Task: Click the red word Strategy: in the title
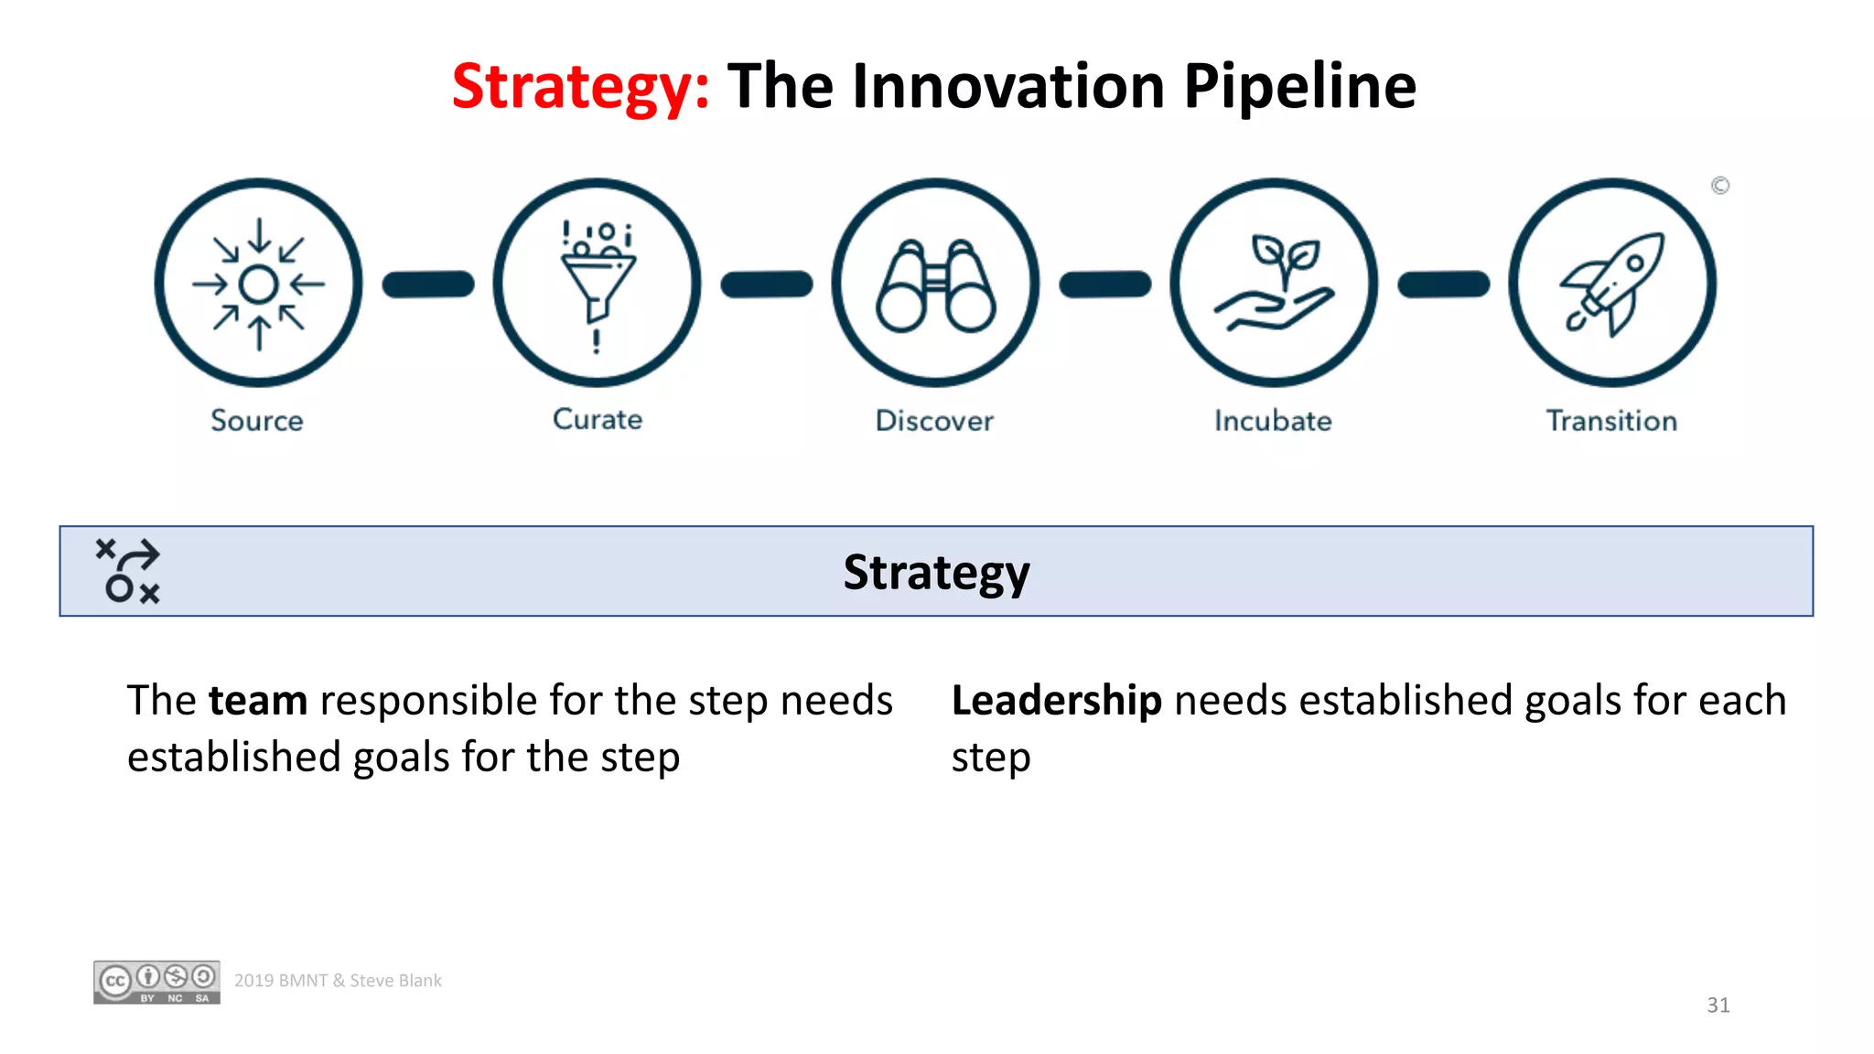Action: [580, 87]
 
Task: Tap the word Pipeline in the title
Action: [1299, 87]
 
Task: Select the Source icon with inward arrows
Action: [259, 284]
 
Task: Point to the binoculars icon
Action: [935, 285]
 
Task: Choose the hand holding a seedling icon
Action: [1274, 284]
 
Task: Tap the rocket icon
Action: [1612, 284]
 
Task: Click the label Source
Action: [257, 421]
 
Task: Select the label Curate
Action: [598, 419]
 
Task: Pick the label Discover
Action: [934, 421]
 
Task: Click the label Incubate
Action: [1273, 421]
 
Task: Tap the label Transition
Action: [1611, 421]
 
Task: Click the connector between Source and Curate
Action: [428, 285]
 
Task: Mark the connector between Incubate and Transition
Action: [1443, 285]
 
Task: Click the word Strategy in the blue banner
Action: [936, 573]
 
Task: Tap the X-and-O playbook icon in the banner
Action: [128, 571]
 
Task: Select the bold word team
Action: [258, 701]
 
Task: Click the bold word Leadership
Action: [1057, 701]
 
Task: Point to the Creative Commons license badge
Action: [156, 983]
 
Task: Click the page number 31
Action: [1718, 1006]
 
